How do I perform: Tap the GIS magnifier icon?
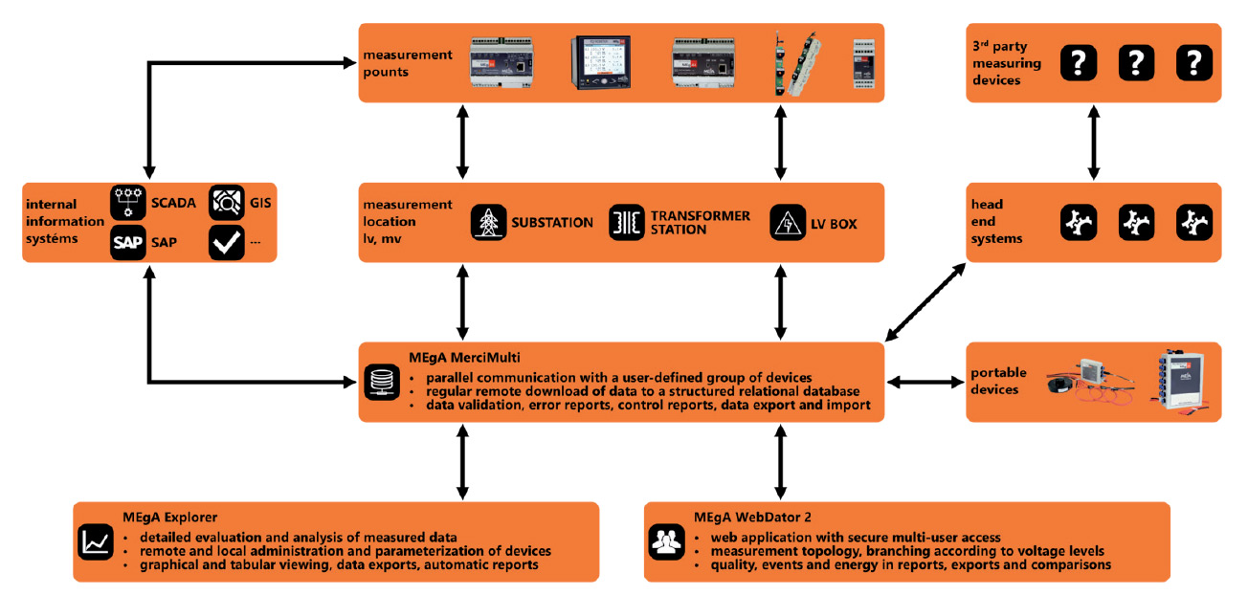[226, 202]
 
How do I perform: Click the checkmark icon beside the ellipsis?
[226, 242]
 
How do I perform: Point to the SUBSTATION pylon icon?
[488, 223]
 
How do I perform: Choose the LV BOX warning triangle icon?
[787, 223]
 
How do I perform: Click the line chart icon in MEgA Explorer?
[94, 541]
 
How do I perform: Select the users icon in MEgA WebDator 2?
[665, 541]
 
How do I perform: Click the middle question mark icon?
[1135, 63]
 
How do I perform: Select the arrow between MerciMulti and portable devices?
[925, 382]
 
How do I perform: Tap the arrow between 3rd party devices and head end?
[1091, 143]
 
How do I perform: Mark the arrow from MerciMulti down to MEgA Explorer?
[462, 462]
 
